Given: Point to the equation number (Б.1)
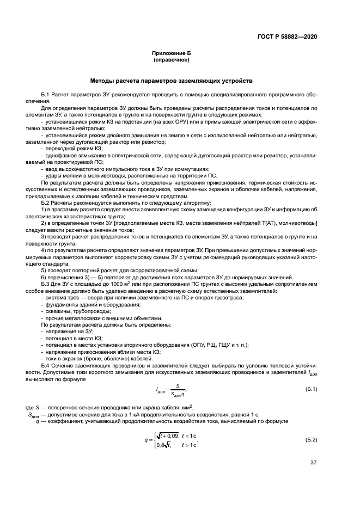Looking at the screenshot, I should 311,389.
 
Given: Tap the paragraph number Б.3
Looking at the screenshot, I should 45,284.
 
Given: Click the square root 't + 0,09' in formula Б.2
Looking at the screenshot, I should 162,435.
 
